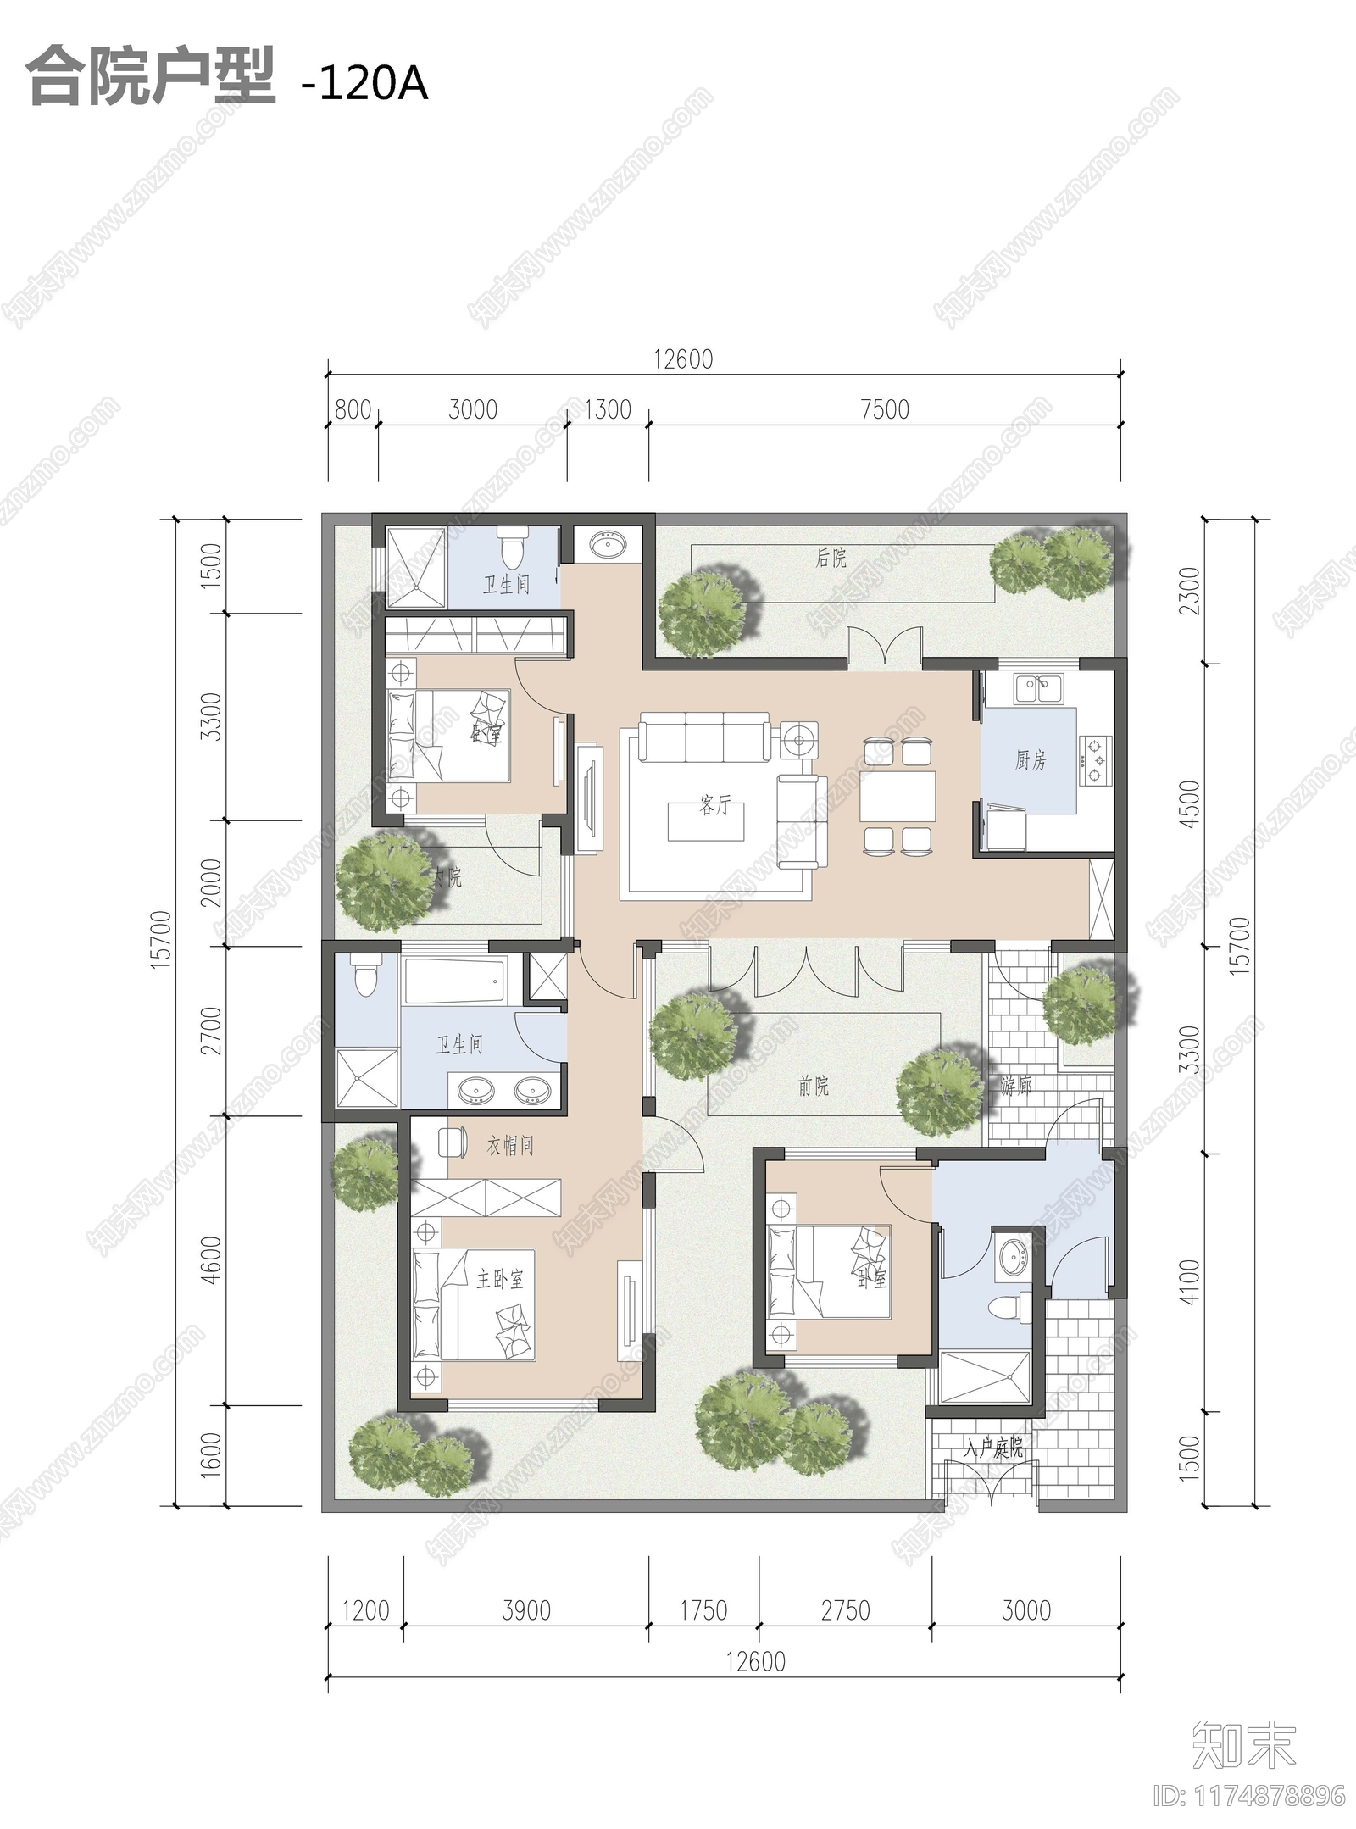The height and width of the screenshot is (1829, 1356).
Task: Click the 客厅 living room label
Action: point(714,805)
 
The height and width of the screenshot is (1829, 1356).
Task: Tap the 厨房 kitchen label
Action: point(1031,760)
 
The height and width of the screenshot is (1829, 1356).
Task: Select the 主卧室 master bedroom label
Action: point(500,1279)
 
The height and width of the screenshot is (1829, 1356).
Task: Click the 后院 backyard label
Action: point(831,558)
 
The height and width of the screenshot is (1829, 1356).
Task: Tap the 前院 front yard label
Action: point(814,1086)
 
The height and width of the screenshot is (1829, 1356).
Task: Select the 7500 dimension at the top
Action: point(884,410)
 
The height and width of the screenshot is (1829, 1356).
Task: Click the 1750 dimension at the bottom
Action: point(703,1610)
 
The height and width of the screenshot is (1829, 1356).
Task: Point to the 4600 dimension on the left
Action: point(212,1259)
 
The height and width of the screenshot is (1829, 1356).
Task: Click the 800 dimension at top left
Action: point(353,410)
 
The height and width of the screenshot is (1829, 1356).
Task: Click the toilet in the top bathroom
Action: point(512,548)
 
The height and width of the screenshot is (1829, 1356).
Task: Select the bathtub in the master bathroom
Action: point(455,981)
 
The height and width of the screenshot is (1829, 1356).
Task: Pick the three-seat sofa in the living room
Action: point(705,738)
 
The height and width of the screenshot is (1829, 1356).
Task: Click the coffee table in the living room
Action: point(706,821)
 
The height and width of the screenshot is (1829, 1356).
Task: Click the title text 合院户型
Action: point(151,78)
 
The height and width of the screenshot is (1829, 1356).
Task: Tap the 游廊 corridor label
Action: point(1016,1085)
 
